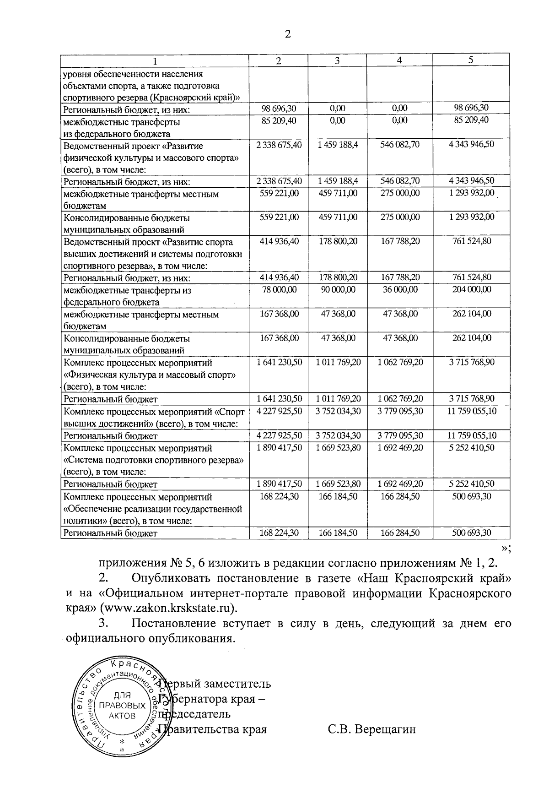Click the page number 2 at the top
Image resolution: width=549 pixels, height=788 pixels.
click(287, 35)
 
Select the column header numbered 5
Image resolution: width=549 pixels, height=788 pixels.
click(471, 60)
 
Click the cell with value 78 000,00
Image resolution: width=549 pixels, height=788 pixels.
click(278, 289)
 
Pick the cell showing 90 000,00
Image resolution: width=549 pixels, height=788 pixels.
click(338, 289)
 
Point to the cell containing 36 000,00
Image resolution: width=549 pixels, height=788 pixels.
click(400, 289)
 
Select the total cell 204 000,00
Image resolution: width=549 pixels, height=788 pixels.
click(471, 289)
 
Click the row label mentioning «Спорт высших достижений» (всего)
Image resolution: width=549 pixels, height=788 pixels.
click(154, 417)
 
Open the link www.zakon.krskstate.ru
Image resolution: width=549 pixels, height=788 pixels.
click(169, 608)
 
